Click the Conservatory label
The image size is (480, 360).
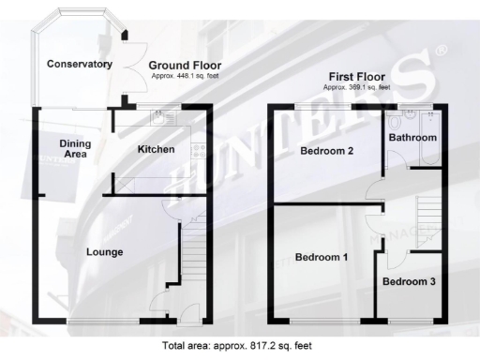click(x=81, y=65)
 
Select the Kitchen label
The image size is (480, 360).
click(x=156, y=150)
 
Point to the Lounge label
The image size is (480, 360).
click(x=105, y=251)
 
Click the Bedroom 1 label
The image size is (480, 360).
click(x=322, y=257)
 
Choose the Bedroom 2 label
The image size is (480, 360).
click(x=326, y=150)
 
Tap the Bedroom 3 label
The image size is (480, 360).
click(x=409, y=281)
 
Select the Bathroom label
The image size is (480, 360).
click(x=413, y=138)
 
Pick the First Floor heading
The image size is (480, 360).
click(x=357, y=77)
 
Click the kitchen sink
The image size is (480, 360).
click(x=162, y=118)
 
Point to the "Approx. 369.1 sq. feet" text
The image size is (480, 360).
click(x=357, y=86)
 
